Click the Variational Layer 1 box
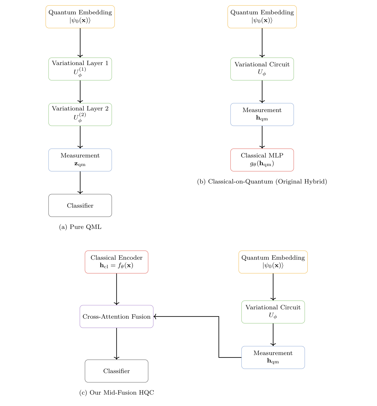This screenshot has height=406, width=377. pos(80,69)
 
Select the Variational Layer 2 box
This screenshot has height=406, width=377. pos(80,114)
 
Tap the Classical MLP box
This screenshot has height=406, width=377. pos(262,160)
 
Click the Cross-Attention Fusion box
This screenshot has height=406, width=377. pos(116,317)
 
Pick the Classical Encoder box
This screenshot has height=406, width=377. pos(116,262)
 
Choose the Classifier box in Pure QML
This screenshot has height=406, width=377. pos(80,206)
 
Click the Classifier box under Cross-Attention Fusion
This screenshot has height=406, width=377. pos(116,371)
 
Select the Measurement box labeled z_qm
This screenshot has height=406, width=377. pos(80,160)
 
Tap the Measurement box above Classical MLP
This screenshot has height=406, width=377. pos(262,114)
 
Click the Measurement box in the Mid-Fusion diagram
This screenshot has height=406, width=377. pos(273,357)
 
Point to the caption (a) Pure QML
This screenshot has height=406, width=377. pos(80,227)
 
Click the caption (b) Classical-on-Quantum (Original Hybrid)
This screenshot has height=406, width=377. pos(262,182)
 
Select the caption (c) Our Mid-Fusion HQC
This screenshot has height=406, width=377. pos(116,393)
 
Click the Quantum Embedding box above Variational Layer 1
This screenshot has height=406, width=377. pos(80,16)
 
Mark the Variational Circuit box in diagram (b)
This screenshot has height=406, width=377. pos(262,69)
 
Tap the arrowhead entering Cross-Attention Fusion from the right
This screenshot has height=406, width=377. pos(155,317)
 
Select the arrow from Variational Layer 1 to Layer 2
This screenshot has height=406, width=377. pos(80,92)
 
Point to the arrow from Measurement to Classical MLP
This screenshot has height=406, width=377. pos(262,137)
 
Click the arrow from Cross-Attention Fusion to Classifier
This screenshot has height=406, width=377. pos(116,344)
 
